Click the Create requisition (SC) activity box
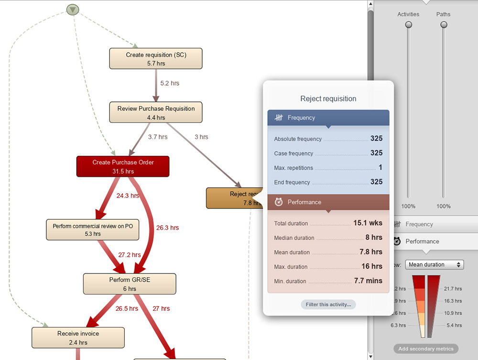(156, 58)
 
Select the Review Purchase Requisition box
(156, 112)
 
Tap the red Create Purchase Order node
(123, 166)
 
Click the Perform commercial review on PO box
(93, 229)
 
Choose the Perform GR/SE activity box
(130, 284)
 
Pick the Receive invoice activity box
(78, 338)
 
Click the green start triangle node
(72, 9)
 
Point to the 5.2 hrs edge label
(170, 83)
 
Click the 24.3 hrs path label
(128, 196)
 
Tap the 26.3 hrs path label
(167, 228)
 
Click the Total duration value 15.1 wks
(368, 223)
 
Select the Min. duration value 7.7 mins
(368, 281)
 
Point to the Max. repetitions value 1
(380, 167)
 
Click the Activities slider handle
(408, 25)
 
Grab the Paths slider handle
(444, 25)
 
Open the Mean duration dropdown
(434, 264)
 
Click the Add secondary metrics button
(426, 349)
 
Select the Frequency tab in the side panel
(419, 224)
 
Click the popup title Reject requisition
(328, 98)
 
